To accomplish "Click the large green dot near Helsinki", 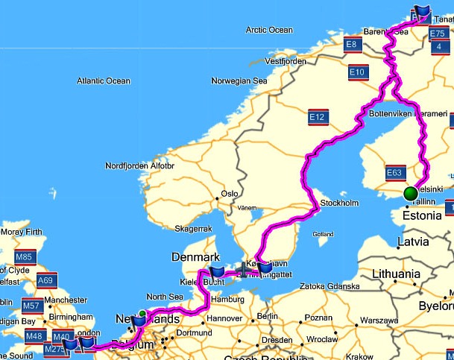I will click(x=410, y=194).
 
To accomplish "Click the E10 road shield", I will click(x=357, y=72).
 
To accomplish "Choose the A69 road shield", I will click(x=45, y=280).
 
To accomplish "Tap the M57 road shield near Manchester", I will click(x=32, y=306).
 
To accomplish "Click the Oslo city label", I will click(x=229, y=194).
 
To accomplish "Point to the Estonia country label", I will click(x=421, y=215).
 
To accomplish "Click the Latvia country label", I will click(x=413, y=241).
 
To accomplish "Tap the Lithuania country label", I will click(x=396, y=274).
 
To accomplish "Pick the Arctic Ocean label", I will click(x=269, y=30).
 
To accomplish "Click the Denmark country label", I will click(x=195, y=256).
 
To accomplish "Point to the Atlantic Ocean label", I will click(x=103, y=80).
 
